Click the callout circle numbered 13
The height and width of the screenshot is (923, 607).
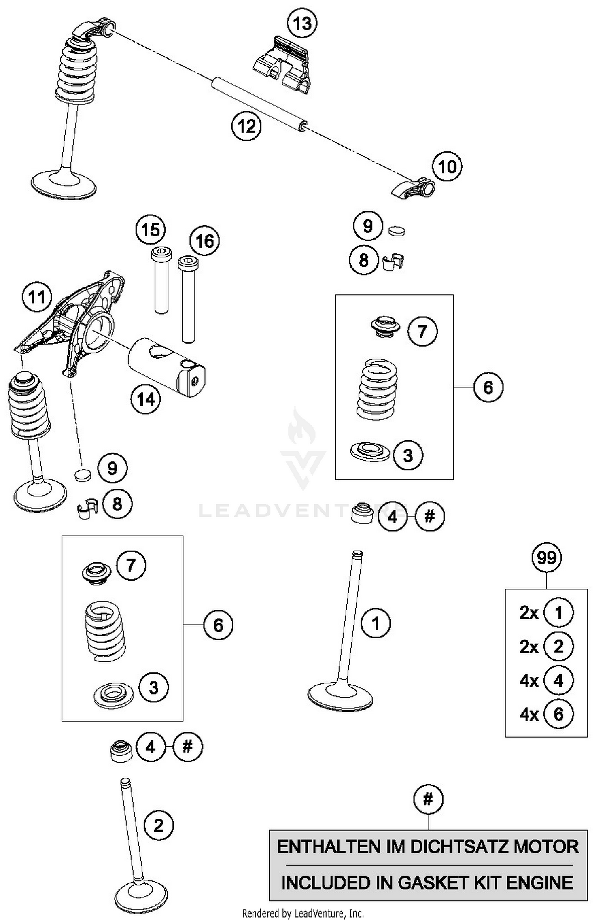coord(302,23)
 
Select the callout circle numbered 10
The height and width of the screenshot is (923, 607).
coord(447,166)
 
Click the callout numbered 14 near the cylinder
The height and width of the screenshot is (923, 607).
coord(146,400)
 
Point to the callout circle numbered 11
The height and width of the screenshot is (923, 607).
coord(37,297)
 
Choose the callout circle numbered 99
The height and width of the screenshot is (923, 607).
coord(546,558)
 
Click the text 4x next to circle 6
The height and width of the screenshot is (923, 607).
coord(528,715)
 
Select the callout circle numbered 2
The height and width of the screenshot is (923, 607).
coord(158,825)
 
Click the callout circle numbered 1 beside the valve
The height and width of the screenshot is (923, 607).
coord(376,623)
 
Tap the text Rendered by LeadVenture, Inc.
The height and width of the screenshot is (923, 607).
coord(303,913)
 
